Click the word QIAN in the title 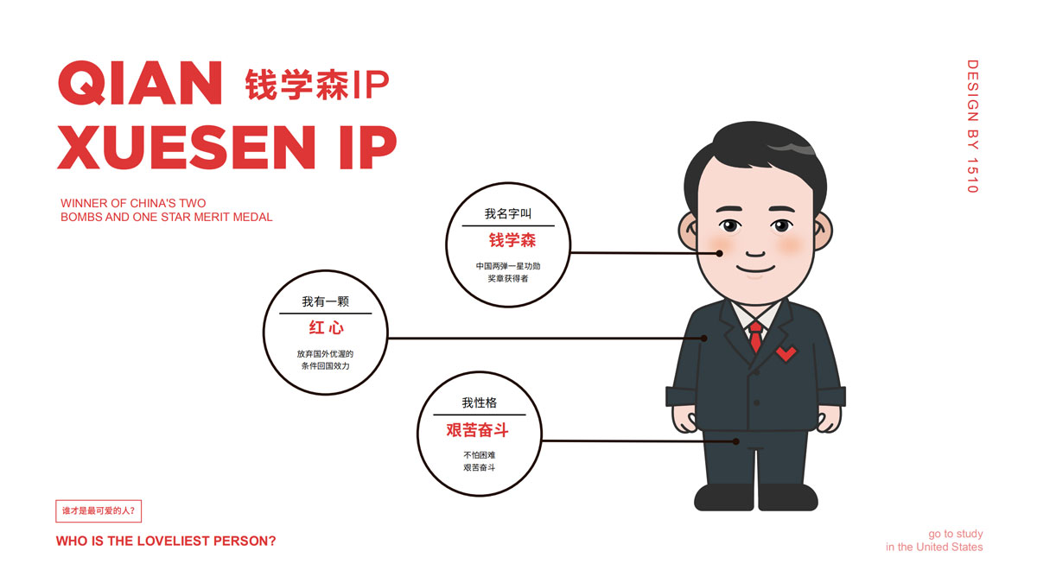tap(140, 83)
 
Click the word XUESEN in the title tap(186, 147)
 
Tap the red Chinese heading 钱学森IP tap(317, 85)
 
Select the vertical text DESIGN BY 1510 tap(973, 126)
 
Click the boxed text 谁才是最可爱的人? tap(99, 510)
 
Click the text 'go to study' tap(956, 534)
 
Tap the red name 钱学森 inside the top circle tap(512, 240)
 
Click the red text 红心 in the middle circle tap(327, 327)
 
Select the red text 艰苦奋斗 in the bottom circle tap(477, 430)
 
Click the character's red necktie tap(755, 337)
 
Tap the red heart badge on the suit tap(786, 353)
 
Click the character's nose tap(755, 253)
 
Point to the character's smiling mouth tap(755, 269)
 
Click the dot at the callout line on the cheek tap(719, 253)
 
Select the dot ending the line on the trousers tap(735, 441)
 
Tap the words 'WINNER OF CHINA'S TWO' tap(133, 203)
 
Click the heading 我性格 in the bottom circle tap(479, 402)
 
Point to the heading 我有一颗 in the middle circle tap(326, 301)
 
